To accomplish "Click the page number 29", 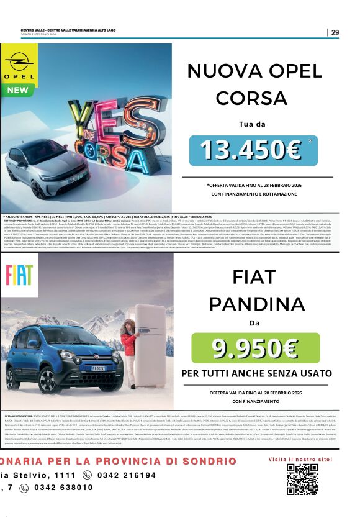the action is [335, 32].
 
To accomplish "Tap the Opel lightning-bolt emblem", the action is [20, 63].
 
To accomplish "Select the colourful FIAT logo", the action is [19, 275].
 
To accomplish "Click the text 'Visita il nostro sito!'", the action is [300, 458].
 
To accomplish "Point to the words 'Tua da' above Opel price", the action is [251, 124].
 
